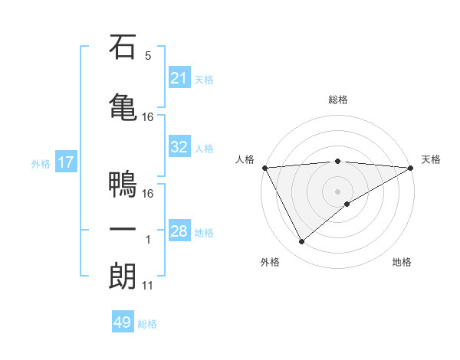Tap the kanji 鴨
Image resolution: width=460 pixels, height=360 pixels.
pos(123,185)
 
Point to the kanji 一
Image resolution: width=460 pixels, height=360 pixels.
pos(123,230)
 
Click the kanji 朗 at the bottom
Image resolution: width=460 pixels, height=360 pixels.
pos(123,276)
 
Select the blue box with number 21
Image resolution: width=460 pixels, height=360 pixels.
pos(179,78)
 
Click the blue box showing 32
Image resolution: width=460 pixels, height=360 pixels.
pos(179,147)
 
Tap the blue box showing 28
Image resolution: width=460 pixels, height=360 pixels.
pos(179,231)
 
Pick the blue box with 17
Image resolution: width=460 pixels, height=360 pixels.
pos(65,162)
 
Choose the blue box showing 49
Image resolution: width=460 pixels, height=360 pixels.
pos(123,322)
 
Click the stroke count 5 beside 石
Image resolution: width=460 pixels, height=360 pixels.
pos(148,56)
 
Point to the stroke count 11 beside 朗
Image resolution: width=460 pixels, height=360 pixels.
pos(148,286)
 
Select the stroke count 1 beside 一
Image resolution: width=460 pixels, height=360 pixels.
pos(148,240)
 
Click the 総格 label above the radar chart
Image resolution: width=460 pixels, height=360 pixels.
pos(337,100)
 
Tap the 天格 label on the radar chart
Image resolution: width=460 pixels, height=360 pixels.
pos(431,159)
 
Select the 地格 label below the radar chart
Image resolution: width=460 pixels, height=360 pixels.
pos(402,263)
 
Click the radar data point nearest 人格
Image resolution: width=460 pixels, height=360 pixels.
pos(264,168)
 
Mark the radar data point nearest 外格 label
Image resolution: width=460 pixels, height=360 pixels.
pos(301,242)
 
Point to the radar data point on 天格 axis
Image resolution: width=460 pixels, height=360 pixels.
pos(410,168)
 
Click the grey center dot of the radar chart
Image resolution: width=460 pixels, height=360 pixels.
pos(337,191)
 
